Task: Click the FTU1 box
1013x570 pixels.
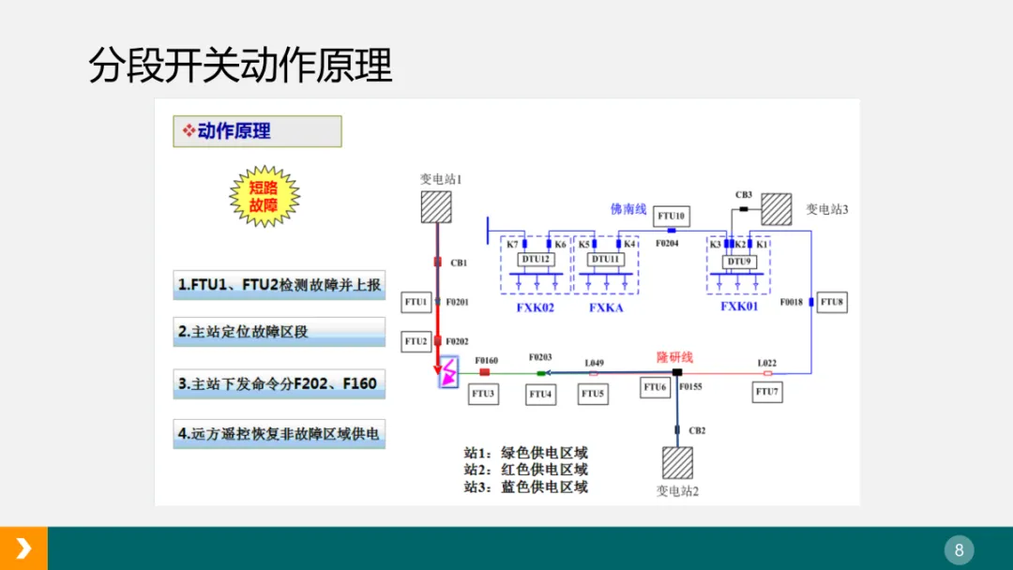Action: [x=416, y=303]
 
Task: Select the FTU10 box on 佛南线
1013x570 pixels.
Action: [x=672, y=217]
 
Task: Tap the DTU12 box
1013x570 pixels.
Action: [x=536, y=260]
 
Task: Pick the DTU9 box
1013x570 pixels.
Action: [x=739, y=262]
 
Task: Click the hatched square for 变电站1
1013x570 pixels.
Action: [x=436, y=207]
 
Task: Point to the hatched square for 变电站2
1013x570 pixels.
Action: [x=677, y=463]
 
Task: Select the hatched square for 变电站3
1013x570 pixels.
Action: [x=776, y=208]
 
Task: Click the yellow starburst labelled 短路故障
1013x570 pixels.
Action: [x=264, y=197]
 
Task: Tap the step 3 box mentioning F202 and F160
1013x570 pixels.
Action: [x=279, y=383]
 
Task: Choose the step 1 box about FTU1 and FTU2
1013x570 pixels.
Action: [x=279, y=285]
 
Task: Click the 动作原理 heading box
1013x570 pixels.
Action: [x=257, y=131]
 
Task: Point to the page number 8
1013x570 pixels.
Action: [x=959, y=549]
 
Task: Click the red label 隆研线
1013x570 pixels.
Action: [x=674, y=357]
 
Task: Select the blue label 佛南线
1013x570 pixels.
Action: [x=628, y=208]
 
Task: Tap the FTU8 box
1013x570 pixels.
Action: [x=832, y=303]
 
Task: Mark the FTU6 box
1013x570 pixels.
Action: [x=655, y=387]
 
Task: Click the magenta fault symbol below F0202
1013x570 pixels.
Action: [x=448, y=372]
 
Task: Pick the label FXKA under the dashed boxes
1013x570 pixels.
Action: [x=606, y=307]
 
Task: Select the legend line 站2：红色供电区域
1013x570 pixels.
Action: [x=525, y=470]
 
